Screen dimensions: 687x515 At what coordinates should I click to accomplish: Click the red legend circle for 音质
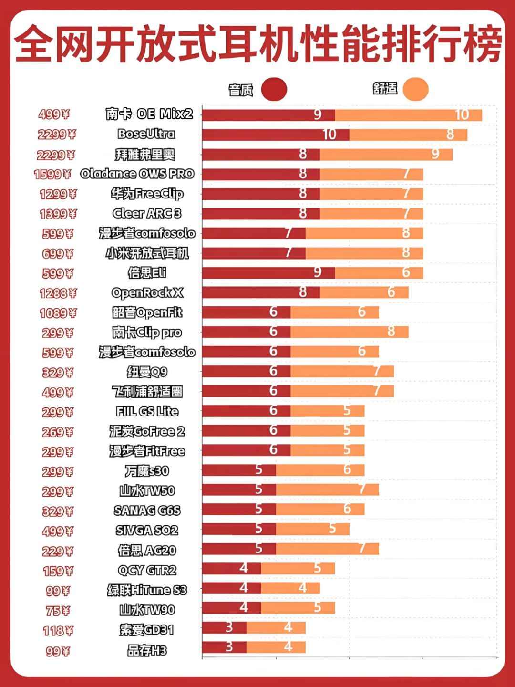[x=274, y=89]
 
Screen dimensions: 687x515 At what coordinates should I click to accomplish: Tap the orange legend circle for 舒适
[x=415, y=89]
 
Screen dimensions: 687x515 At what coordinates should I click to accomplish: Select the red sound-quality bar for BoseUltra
[x=275, y=135]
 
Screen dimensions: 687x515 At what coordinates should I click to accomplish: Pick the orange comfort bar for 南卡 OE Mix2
[x=408, y=115]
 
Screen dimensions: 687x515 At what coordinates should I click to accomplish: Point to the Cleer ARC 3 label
[x=147, y=213]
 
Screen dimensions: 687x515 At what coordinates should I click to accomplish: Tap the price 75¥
[x=58, y=611]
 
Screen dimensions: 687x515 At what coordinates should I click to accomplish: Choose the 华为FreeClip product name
[x=147, y=194]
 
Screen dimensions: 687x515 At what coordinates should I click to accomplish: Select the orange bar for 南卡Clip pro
[x=349, y=332]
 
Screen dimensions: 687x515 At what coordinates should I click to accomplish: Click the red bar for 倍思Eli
[x=268, y=273]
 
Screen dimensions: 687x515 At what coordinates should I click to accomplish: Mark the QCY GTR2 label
[x=147, y=570]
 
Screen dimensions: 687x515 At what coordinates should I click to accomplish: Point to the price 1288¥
[x=58, y=293]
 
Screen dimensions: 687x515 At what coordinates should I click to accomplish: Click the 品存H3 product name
[x=147, y=650]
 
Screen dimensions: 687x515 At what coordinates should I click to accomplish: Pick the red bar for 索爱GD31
[x=224, y=627]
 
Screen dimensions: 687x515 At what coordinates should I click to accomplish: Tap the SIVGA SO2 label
[x=147, y=531]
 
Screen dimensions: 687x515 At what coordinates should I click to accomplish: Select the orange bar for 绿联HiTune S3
[x=290, y=588]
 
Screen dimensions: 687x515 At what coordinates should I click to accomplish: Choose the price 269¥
[x=58, y=432]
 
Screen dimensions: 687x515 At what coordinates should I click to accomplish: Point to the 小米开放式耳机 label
[x=147, y=253]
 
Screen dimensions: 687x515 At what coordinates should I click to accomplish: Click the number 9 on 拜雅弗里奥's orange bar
[x=435, y=154]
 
